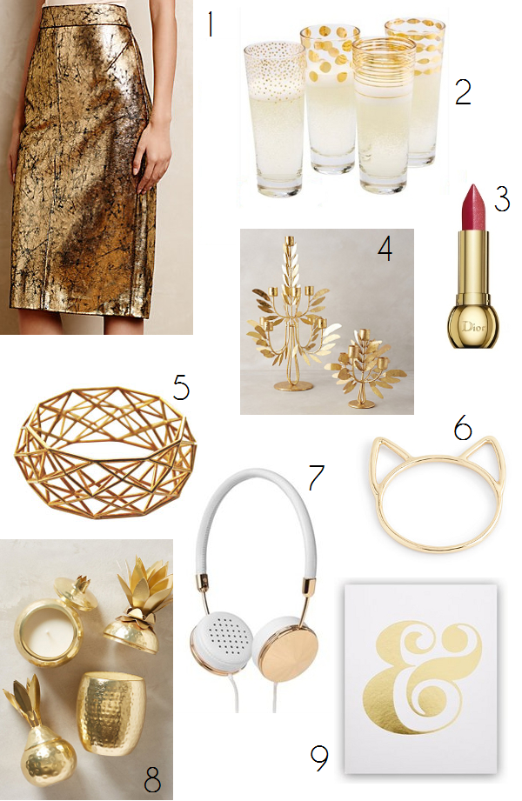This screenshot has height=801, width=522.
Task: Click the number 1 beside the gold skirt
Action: coord(210,25)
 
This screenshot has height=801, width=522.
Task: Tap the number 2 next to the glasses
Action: coord(463,92)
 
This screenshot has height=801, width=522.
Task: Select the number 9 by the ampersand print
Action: coord(319,758)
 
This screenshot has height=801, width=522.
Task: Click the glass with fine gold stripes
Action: coord(385,116)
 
